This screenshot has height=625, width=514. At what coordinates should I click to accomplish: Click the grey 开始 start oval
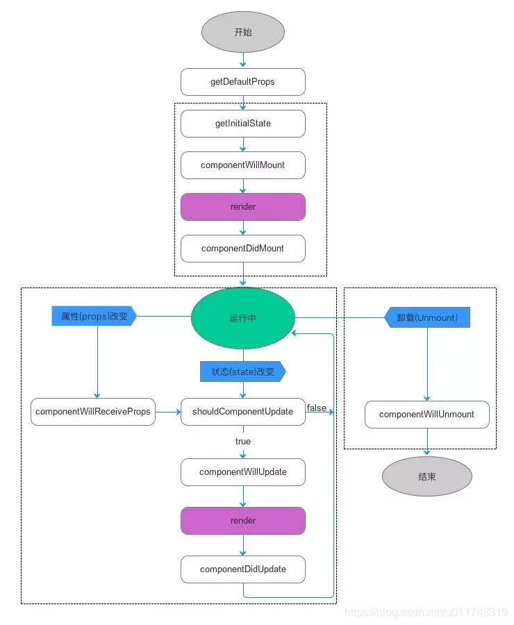pyautogui.click(x=243, y=33)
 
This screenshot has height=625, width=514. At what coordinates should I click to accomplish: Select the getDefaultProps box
pyautogui.click(x=243, y=82)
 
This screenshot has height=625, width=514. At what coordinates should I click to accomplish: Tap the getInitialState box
pyautogui.click(x=243, y=124)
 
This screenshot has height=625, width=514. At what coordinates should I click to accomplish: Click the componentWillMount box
pyautogui.click(x=243, y=165)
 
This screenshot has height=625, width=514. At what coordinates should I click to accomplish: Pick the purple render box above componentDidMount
pyautogui.click(x=243, y=207)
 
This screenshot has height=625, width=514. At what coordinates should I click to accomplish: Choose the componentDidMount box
pyautogui.click(x=243, y=249)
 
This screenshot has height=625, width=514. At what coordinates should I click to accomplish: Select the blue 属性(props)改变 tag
pyautogui.click(x=94, y=317)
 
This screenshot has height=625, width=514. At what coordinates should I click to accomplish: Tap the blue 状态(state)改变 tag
pyautogui.click(x=242, y=372)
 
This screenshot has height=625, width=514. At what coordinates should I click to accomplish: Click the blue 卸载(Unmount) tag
pyautogui.click(x=427, y=317)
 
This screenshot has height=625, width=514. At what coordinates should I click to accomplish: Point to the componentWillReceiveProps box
pyautogui.click(x=93, y=412)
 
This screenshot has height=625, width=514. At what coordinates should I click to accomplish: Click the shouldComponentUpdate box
pyautogui.click(x=243, y=412)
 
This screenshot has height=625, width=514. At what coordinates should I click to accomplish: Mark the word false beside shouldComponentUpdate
pyautogui.click(x=317, y=408)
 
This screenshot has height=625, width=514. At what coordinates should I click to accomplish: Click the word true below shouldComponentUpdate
pyautogui.click(x=243, y=442)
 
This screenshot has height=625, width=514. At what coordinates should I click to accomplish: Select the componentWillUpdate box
pyautogui.click(x=243, y=472)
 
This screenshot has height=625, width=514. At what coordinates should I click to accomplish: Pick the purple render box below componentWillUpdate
pyautogui.click(x=243, y=521)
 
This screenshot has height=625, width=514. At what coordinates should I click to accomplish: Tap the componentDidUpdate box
pyautogui.click(x=243, y=569)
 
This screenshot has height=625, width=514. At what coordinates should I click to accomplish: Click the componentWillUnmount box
pyautogui.click(x=427, y=415)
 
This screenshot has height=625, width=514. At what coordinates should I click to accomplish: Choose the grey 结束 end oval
pyautogui.click(x=427, y=477)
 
